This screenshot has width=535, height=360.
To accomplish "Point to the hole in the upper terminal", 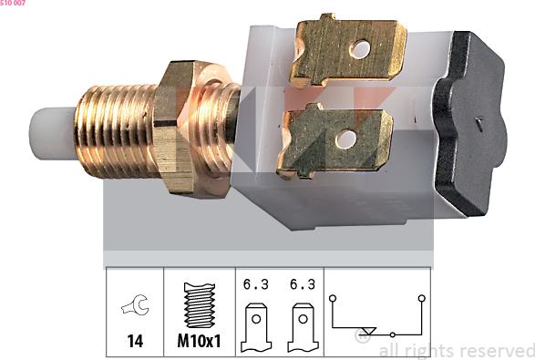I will (362, 48).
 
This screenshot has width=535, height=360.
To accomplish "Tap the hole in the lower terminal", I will (346, 139).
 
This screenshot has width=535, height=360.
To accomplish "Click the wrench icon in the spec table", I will (135, 308).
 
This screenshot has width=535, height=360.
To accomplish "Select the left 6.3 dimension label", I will (255, 284).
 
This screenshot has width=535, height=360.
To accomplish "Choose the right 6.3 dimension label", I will (302, 284).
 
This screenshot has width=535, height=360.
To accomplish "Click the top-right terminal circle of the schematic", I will (421, 297).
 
